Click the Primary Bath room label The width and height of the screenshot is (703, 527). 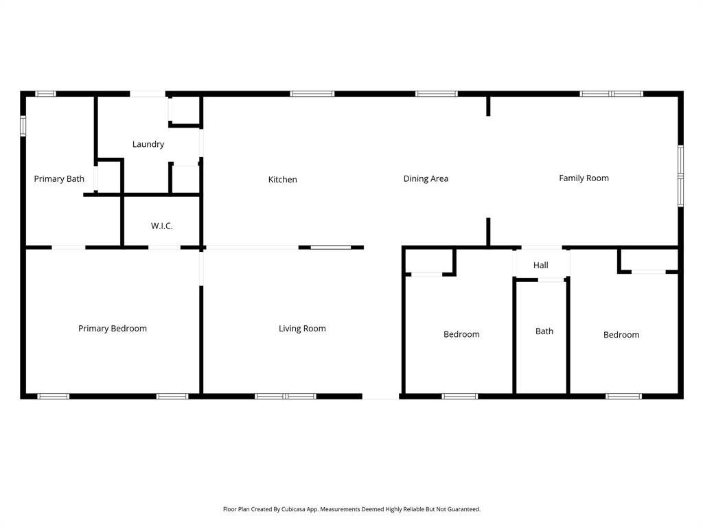point(59,179)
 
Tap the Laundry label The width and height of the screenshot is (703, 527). point(148,144)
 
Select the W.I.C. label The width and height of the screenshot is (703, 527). point(162,226)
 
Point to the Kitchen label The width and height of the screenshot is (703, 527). point(282,180)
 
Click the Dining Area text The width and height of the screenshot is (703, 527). point(426,178)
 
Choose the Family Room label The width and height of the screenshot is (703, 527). point(584,178)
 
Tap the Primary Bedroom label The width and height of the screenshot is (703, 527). point(113,329)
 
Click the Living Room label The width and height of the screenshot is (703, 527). point(302,329)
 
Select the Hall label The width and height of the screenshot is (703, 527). point(541,266)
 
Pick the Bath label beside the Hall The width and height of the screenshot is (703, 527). point(544,331)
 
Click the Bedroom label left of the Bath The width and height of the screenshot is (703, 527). point(461,334)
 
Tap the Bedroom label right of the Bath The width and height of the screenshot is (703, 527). point(621,335)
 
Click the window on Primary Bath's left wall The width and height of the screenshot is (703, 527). point(23,126)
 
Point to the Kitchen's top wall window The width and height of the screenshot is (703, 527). point(312,93)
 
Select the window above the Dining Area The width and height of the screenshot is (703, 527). point(436,93)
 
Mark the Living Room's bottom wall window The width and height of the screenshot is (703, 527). point(286,396)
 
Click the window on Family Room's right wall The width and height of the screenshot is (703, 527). point(680,176)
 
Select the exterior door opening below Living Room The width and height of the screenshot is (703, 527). point(380,396)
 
